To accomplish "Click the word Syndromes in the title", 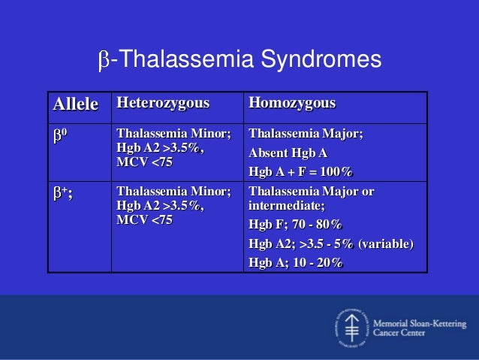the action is coord(321,59).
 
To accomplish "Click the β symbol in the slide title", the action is coord(104,60).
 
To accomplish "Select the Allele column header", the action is coord(76,104).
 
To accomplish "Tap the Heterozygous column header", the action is coord(163,103).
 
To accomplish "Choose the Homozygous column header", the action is coord(292,103).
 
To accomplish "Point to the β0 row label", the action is coord(60,135).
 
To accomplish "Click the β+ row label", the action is coord(63,194).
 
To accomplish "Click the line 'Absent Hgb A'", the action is coord(288,153).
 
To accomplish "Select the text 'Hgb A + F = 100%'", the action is coord(300,171).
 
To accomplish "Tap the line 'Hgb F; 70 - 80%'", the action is coord(295,224).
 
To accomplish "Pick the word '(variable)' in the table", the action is coord(386,244).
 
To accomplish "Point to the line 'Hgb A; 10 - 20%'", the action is coord(295,262).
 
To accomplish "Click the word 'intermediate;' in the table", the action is coord(287,205).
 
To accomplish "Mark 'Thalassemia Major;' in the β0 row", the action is coord(306,134).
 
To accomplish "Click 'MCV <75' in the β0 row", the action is coord(144,162).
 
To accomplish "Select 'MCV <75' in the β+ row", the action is coord(144,219).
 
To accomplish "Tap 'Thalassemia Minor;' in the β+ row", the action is coord(174,192).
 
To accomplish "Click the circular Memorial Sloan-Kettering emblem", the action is coord(351,328).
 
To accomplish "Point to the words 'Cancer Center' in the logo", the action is coord(399,332).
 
